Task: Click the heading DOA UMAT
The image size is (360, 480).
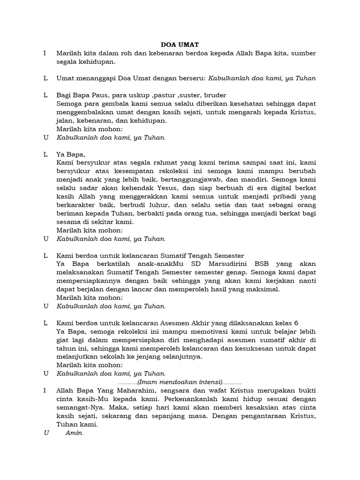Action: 180,45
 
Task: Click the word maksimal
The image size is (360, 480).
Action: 262,289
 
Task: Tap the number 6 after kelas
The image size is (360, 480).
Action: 296,322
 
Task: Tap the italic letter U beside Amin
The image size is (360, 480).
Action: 46,433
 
